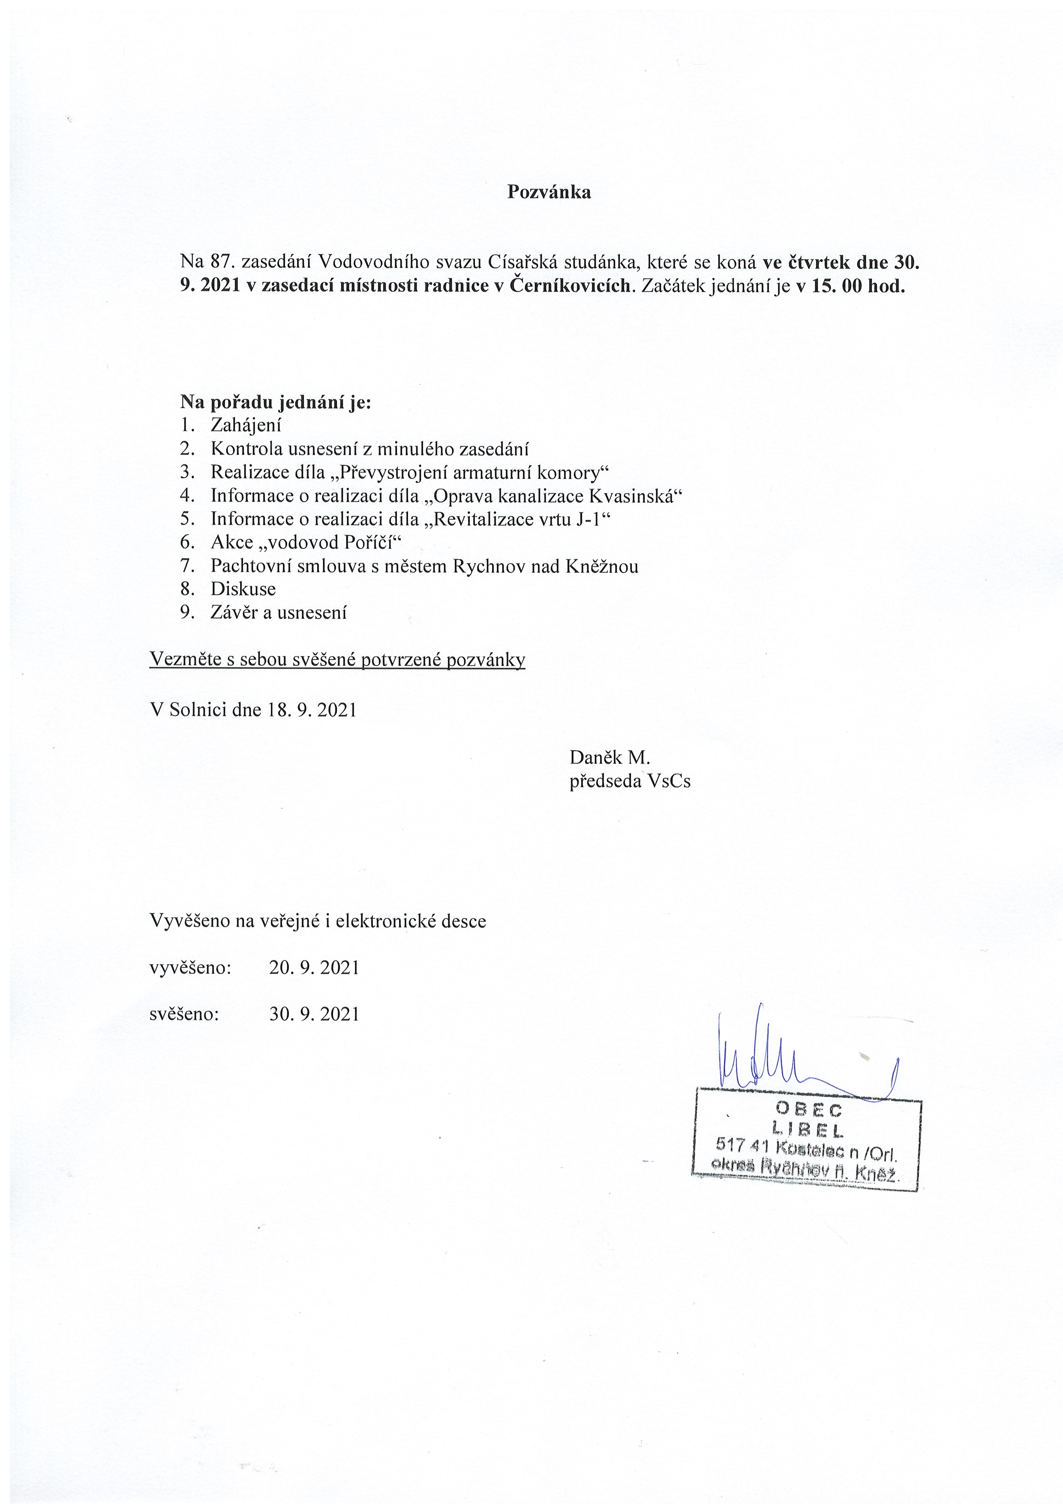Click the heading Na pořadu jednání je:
click(x=276, y=402)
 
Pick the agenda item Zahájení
click(x=246, y=425)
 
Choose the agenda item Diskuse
click(x=243, y=589)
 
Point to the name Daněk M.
click(x=609, y=757)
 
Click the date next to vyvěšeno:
click(x=314, y=968)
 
